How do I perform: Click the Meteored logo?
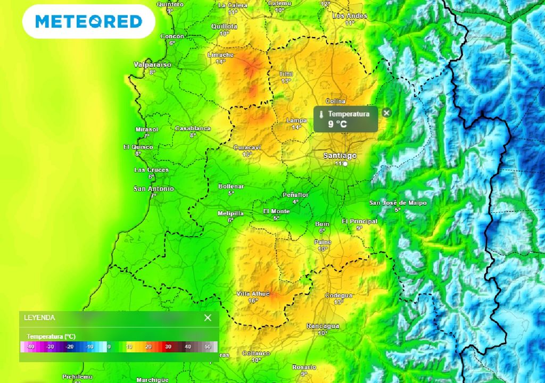(88, 21)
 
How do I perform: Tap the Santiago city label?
(340, 155)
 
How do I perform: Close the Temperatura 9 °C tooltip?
(386, 113)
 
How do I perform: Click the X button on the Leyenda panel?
(208, 318)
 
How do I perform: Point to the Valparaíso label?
(152, 64)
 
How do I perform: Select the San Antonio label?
(153, 189)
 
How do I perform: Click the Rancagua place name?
(323, 326)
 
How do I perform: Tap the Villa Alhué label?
(253, 294)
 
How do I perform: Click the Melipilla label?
(230, 213)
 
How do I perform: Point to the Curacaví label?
(247, 147)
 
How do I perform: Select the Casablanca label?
(193, 128)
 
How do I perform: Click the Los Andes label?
(350, 16)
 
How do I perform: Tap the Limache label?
(220, 55)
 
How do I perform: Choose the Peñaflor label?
(295, 195)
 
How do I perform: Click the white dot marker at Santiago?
(345, 164)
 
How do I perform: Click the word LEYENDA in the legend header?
(39, 318)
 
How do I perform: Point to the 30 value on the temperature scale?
(168, 347)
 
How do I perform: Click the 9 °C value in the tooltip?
(337, 124)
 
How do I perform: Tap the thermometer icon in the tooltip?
(321, 114)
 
